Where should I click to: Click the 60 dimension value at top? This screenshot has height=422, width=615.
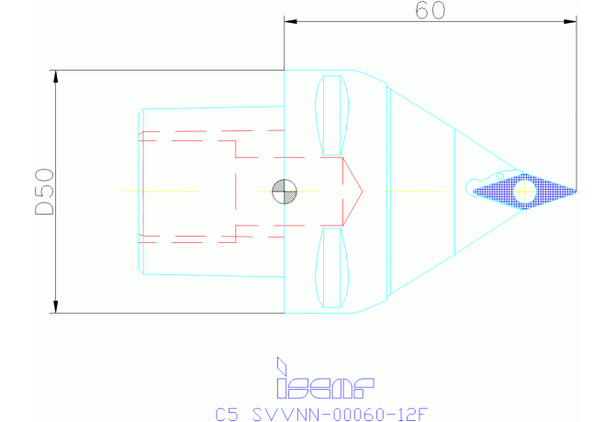point(430,11)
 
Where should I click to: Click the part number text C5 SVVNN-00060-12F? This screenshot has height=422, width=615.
point(321,414)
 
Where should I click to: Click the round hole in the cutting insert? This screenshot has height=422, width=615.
point(524,191)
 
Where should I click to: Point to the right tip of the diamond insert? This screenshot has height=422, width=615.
point(576,190)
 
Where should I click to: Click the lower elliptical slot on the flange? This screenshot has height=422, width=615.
point(332,268)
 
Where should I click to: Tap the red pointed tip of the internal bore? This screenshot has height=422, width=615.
point(361,192)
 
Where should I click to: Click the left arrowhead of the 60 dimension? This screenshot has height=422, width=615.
point(291,19)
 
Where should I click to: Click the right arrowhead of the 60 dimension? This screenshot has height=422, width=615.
point(571,19)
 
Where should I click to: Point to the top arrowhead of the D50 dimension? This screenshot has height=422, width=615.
point(56,76)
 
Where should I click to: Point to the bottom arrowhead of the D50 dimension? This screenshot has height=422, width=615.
point(56,306)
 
